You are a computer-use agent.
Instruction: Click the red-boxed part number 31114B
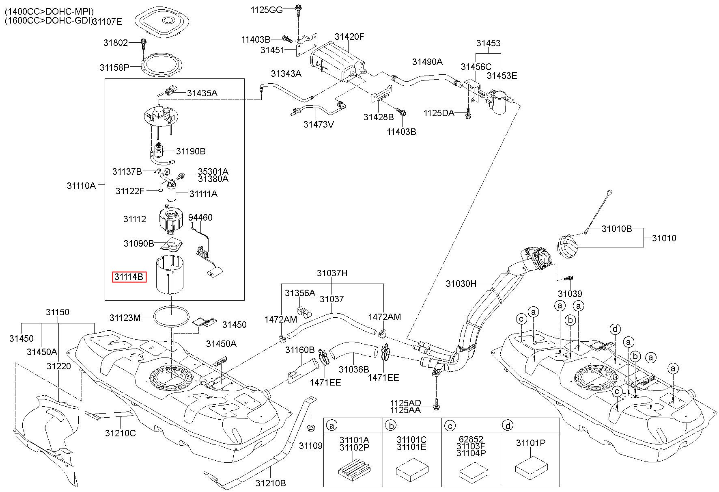click(x=129, y=277)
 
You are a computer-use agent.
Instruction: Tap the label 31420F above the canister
click(x=349, y=37)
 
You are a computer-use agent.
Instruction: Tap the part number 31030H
click(x=461, y=284)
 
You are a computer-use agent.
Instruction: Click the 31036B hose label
click(x=354, y=369)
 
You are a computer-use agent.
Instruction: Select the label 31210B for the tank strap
click(x=271, y=483)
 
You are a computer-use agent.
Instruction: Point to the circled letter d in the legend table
click(x=508, y=425)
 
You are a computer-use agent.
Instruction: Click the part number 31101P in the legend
click(x=531, y=443)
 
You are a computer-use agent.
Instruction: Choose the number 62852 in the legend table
click(x=471, y=439)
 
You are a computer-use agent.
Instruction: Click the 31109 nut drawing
click(x=311, y=427)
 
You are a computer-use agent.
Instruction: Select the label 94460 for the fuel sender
click(x=200, y=218)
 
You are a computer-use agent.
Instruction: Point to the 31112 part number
click(x=135, y=219)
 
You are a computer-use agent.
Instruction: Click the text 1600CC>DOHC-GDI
click(x=48, y=21)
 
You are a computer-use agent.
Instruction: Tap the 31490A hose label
click(x=427, y=62)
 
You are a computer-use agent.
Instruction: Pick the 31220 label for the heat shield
click(x=58, y=366)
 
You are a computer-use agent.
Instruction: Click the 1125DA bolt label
click(x=439, y=113)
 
